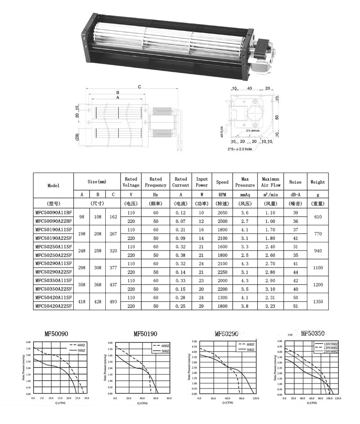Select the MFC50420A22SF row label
click(53, 306)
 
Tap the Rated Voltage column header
click(131, 182)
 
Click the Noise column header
click(295, 182)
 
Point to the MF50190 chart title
click(145, 334)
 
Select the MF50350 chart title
click(313, 334)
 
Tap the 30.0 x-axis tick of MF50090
click(86, 398)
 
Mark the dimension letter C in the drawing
click(139, 86)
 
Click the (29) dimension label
click(77, 136)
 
